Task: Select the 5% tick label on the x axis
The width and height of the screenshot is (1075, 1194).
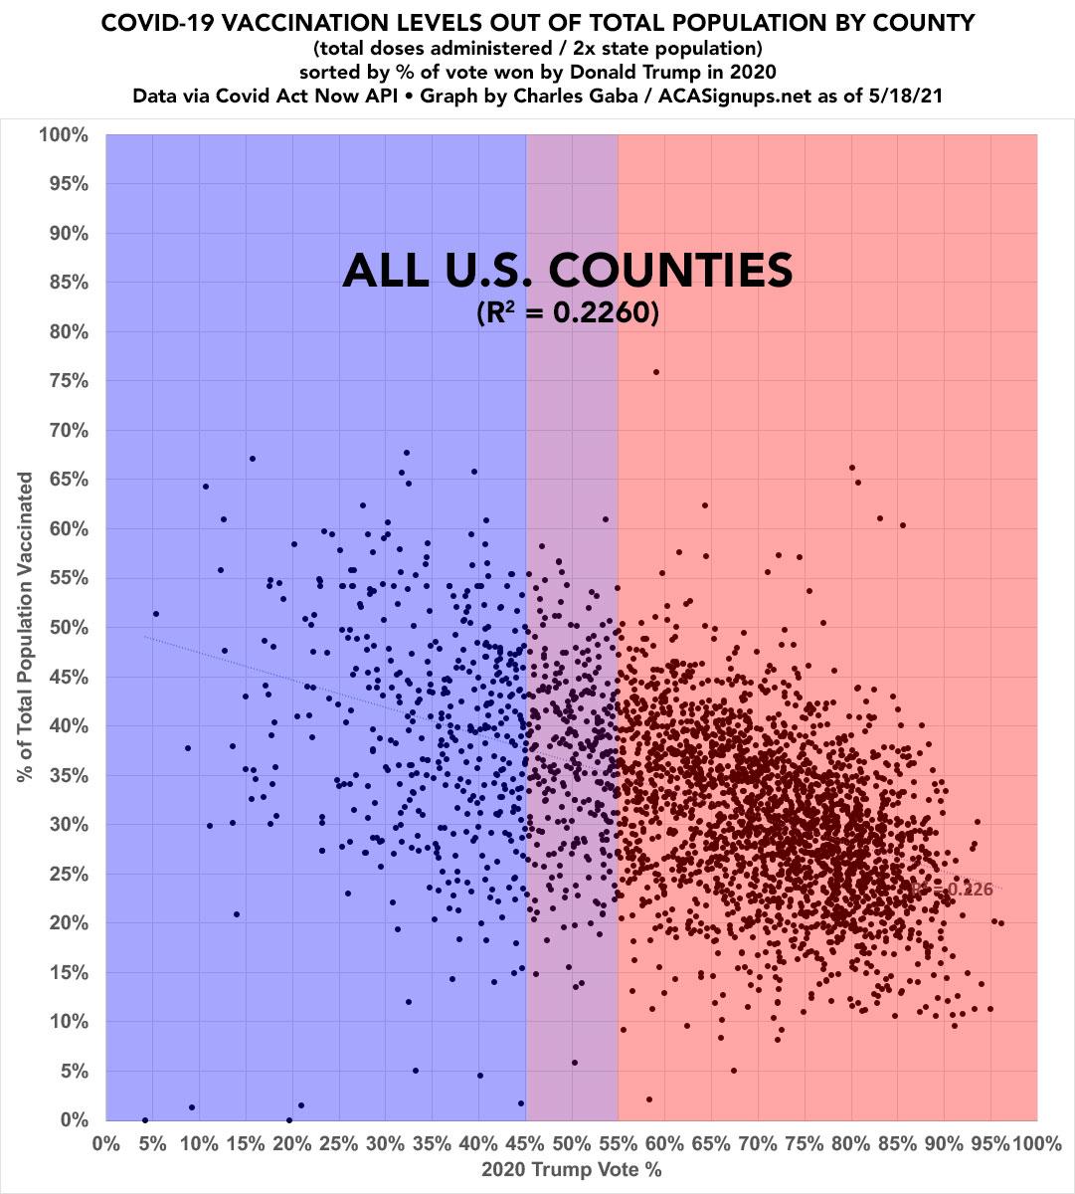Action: pyautogui.click(x=152, y=1142)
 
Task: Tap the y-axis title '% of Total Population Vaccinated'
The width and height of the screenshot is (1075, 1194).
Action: pyautogui.click(x=26, y=627)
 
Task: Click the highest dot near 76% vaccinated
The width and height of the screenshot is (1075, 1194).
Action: pyautogui.click(x=656, y=372)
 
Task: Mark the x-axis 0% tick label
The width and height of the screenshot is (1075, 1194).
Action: pyautogui.click(x=105, y=1142)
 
